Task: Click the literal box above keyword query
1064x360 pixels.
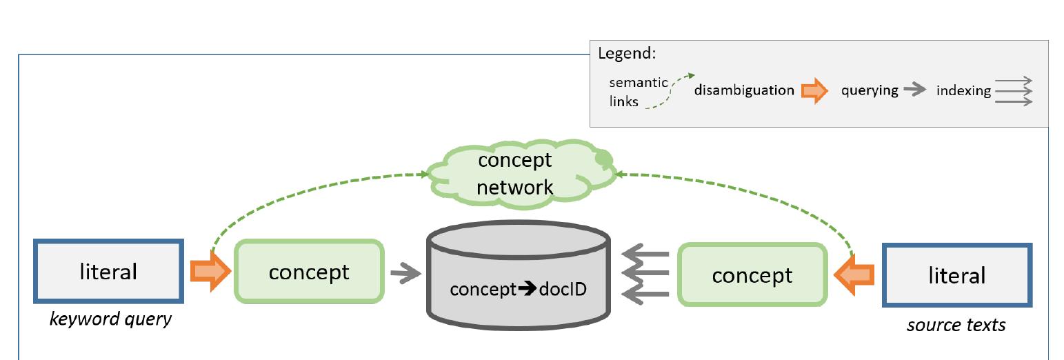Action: click(108, 271)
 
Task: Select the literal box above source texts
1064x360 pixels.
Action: click(957, 275)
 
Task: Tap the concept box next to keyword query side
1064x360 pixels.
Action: click(309, 272)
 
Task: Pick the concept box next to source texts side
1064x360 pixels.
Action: click(752, 275)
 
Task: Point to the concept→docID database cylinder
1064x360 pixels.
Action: click(518, 279)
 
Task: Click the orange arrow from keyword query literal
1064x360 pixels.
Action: click(210, 272)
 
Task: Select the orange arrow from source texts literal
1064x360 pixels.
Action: click(854, 275)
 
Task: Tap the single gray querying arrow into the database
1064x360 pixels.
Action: click(406, 274)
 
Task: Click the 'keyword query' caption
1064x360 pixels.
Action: click(110, 319)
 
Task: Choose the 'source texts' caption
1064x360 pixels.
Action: click(956, 324)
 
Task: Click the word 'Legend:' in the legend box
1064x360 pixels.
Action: click(626, 54)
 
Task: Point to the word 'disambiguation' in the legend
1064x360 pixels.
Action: click(744, 90)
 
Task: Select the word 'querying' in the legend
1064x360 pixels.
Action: click(870, 90)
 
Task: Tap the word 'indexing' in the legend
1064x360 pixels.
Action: click(963, 90)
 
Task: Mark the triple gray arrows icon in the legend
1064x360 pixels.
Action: click(1014, 91)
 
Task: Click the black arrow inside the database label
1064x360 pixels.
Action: click(528, 289)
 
